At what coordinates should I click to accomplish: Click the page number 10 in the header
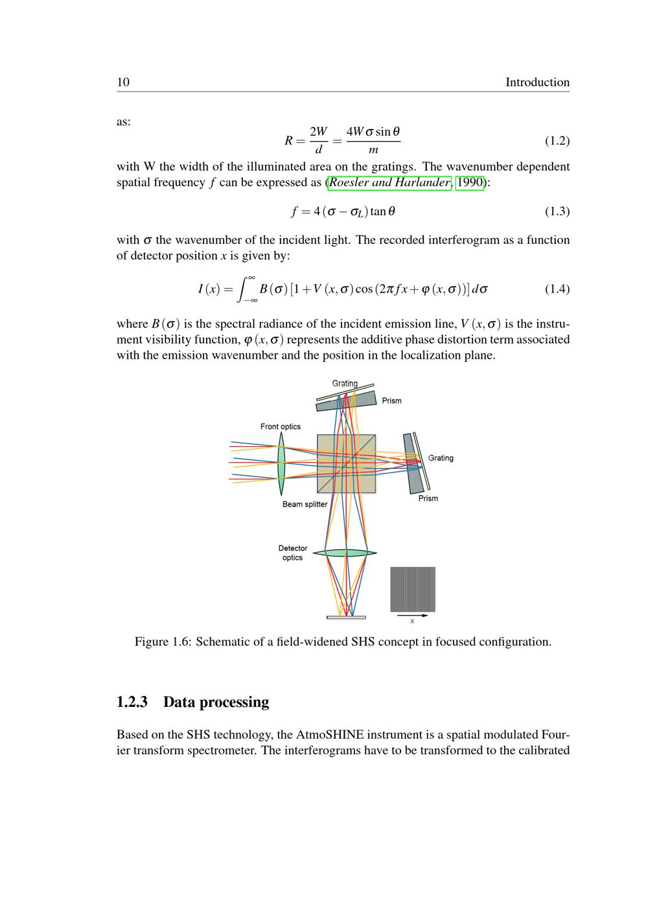pyautogui.click(x=123, y=82)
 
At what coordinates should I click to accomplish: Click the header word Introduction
pyautogui.click(x=537, y=82)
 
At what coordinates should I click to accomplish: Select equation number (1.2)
pyautogui.click(x=557, y=141)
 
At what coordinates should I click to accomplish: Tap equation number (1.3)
pyautogui.click(x=557, y=211)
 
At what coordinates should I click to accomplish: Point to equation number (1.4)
pyautogui.click(x=557, y=289)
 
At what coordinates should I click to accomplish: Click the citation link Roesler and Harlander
pyautogui.click(x=389, y=182)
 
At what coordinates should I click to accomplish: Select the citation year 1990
pyautogui.click(x=470, y=182)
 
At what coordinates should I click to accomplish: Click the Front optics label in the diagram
pyautogui.click(x=281, y=427)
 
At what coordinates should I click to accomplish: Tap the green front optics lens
pyautogui.click(x=281, y=462)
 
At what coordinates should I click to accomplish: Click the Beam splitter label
pyautogui.click(x=305, y=505)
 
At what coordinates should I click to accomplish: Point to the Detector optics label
pyautogui.click(x=293, y=553)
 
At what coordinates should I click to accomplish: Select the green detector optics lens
pyautogui.click(x=345, y=553)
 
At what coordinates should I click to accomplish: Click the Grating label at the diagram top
pyautogui.click(x=345, y=383)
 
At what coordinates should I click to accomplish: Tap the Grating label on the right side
pyautogui.click(x=441, y=458)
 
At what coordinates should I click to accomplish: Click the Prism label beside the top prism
pyautogui.click(x=391, y=401)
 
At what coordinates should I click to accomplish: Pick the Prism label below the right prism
pyautogui.click(x=428, y=499)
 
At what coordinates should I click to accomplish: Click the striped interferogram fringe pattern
pyautogui.click(x=413, y=589)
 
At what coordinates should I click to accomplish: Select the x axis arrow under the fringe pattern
pyautogui.click(x=412, y=616)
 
